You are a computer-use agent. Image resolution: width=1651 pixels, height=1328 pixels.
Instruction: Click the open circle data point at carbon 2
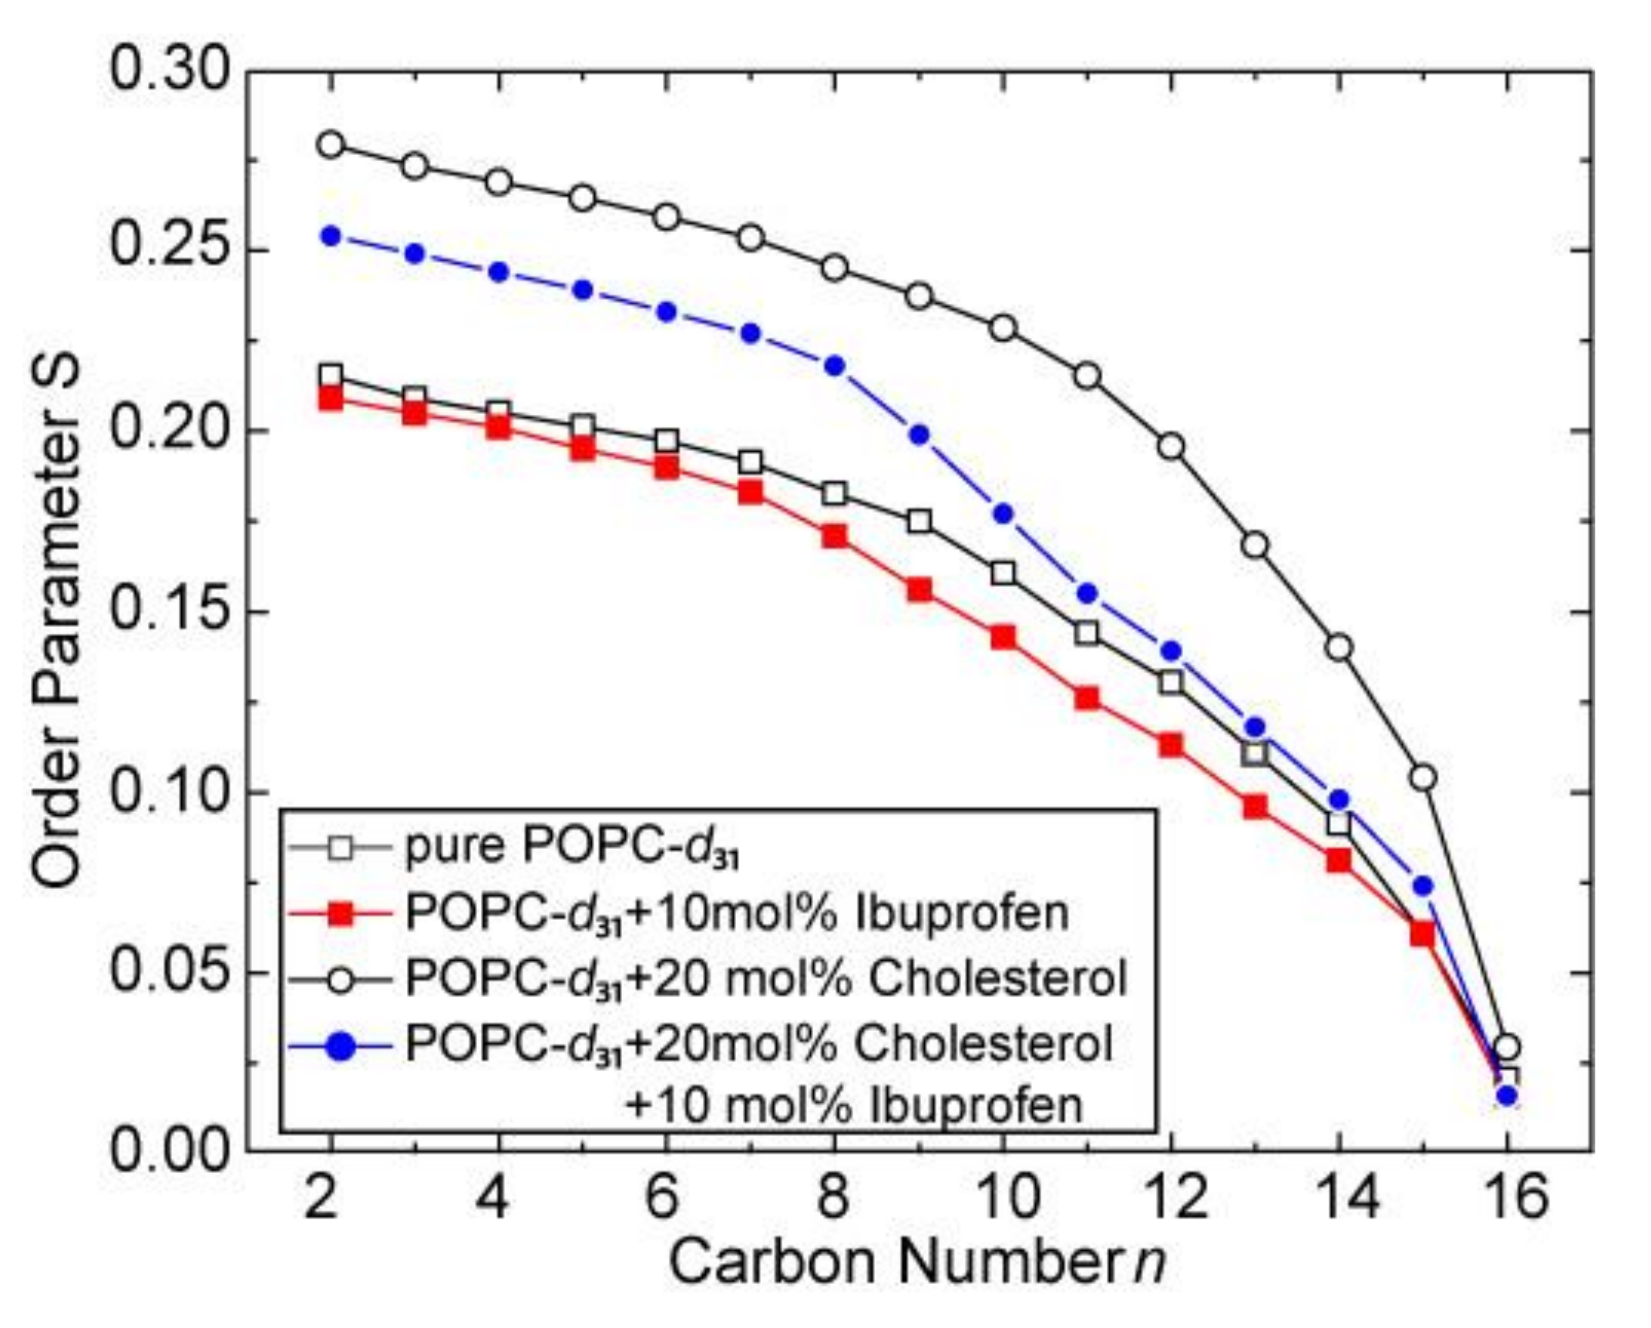click(x=331, y=144)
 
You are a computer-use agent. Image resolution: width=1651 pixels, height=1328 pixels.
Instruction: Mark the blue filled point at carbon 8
click(x=835, y=366)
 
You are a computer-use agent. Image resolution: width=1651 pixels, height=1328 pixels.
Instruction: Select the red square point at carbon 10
click(x=1003, y=637)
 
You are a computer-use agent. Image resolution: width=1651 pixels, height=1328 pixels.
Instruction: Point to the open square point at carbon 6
click(x=667, y=441)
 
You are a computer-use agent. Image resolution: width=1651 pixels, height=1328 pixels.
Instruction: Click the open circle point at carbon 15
click(x=1423, y=778)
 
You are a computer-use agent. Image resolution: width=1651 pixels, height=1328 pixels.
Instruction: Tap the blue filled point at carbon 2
click(x=331, y=236)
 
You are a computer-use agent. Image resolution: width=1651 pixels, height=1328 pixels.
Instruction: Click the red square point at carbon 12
click(x=1171, y=745)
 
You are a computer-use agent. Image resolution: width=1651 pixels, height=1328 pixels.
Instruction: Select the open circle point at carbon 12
click(x=1171, y=447)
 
